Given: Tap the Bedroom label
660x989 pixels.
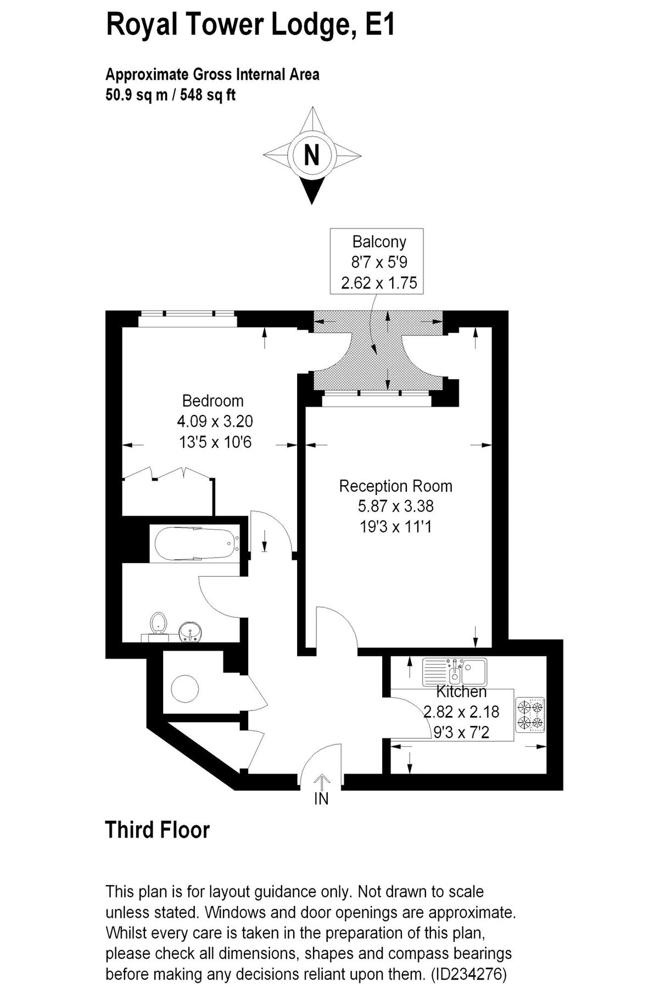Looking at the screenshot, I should coord(213,401).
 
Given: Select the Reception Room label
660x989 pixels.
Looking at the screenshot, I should coord(395,486).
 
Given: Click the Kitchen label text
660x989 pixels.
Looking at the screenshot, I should coord(461,691).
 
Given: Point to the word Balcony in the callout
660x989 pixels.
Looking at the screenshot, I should coord(379,242).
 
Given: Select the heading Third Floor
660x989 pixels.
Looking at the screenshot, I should coord(157,830).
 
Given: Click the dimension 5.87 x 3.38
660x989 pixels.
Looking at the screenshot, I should coord(395,506).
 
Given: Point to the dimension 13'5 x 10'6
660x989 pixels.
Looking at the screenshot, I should coord(215,441).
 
